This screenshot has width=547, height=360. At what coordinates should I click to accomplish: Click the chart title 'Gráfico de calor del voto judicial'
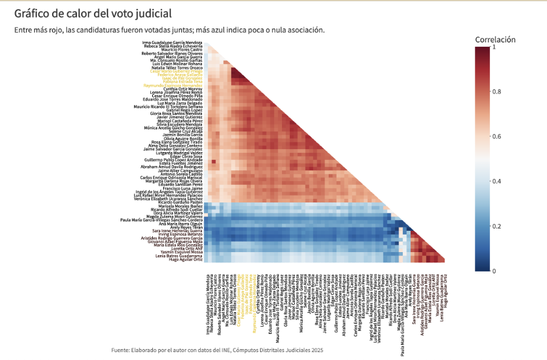(x=93, y=13)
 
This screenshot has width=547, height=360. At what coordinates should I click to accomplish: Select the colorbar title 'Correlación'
(x=495, y=39)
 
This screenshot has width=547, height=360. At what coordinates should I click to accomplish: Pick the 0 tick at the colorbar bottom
(x=494, y=271)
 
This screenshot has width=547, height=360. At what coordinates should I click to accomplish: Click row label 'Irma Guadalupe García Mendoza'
(x=172, y=42)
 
